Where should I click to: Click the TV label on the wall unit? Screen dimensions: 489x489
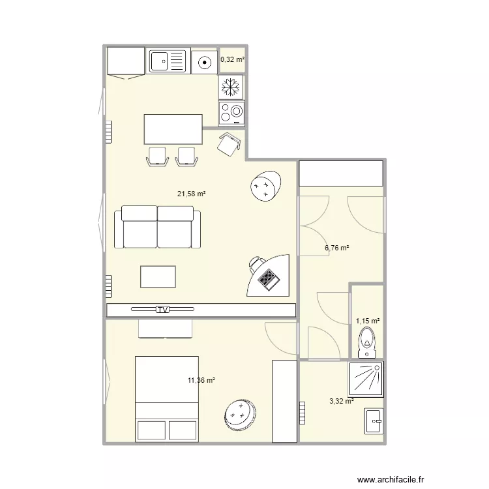(x=162, y=309)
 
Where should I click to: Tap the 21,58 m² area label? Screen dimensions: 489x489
(x=191, y=194)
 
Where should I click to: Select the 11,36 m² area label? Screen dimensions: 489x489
(x=201, y=380)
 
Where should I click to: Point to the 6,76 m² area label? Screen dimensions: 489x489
(x=337, y=248)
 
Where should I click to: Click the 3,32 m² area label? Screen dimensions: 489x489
(x=342, y=401)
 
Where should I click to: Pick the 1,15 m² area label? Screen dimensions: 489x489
(x=368, y=321)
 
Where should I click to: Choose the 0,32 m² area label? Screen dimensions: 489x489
(x=232, y=59)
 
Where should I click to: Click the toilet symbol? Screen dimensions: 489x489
(x=367, y=342)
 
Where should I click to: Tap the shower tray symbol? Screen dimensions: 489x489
(x=366, y=379)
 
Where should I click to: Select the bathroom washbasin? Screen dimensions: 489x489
(x=374, y=421)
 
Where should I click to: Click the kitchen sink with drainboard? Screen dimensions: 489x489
(x=168, y=61)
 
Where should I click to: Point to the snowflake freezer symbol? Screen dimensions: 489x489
(x=230, y=87)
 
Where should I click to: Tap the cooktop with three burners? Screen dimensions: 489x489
(x=231, y=113)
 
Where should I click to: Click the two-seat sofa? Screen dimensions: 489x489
(x=157, y=227)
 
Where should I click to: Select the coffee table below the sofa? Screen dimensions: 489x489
(x=158, y=276)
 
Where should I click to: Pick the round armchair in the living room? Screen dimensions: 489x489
(x=266, y=186)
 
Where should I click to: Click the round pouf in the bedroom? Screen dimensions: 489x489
(x=240, y=415)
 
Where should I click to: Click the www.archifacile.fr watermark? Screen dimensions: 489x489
(x=391, y=479)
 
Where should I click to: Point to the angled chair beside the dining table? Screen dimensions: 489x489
(x=230, y=144)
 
